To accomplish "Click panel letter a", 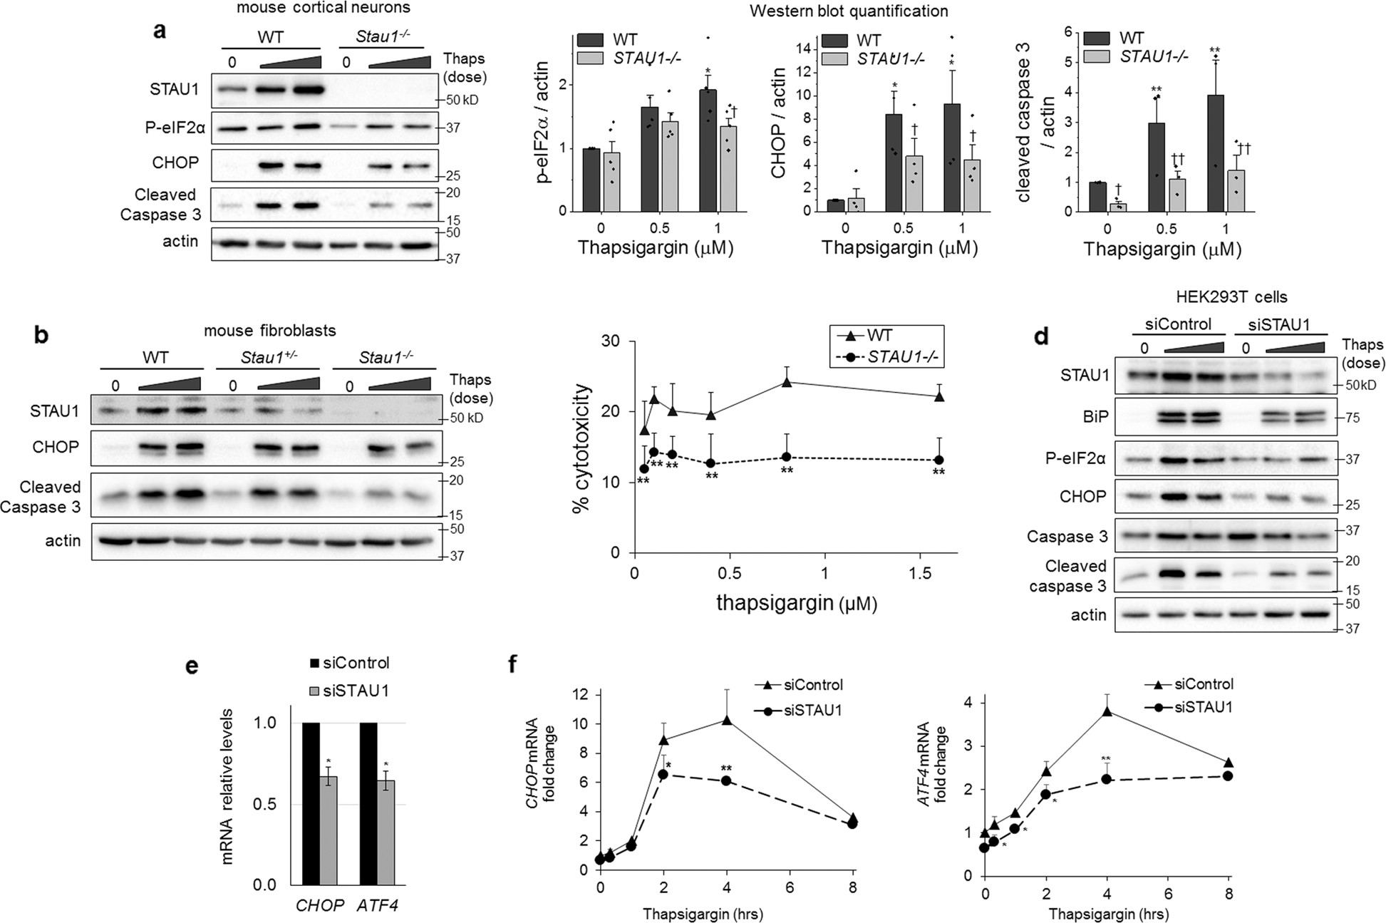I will point(160,32).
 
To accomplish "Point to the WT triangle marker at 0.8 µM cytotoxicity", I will point(787,382).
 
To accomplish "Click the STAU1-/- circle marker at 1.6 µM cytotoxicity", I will point(938,460).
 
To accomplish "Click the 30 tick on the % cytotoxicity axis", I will point(619,341).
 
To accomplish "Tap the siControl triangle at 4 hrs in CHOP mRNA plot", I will point(727,720).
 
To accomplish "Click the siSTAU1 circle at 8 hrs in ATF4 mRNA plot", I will point(1228,775).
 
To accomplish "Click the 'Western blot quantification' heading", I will point(848,11).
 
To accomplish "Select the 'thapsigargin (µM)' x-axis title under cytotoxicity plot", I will point(796,604).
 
